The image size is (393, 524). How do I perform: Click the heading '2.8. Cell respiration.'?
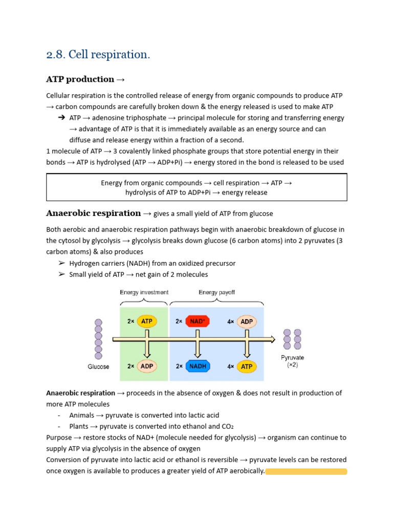(x=98, y=54)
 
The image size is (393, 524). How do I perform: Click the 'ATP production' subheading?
(x=80, y=79)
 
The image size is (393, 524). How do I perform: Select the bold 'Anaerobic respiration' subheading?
(x=93, y=213)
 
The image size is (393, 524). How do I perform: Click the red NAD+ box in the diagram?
(x=197, y=321)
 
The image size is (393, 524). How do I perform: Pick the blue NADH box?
(x=197, y=366)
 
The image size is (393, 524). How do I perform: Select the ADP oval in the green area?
(x=146, y=366)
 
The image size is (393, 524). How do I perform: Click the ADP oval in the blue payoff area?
(x=247, y=321)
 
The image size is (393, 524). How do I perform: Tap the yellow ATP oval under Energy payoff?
(x=247, y=366)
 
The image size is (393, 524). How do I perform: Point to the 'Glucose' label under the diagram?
(x=98, y=367)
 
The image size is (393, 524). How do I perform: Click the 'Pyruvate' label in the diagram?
(x=293, y=358)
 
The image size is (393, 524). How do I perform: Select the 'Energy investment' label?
(x=144, y=293)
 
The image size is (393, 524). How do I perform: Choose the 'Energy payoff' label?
(x=216, y=293)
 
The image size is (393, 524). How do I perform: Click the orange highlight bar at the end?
(x=306, y=471)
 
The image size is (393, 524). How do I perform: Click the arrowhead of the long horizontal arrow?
(x=271, y=339)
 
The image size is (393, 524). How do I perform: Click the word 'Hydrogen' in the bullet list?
(x=84, y=264)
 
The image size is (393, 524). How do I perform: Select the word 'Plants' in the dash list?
(x=79, y=426)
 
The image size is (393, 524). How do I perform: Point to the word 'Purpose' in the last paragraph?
(x=59, y=438)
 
